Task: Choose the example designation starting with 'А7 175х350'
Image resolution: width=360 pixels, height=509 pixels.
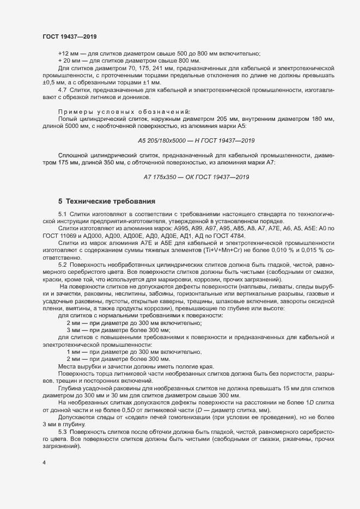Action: point(196,177)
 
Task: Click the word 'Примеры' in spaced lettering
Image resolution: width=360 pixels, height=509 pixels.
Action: point(74,111)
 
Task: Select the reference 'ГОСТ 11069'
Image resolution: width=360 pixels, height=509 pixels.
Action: point(56,235)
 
